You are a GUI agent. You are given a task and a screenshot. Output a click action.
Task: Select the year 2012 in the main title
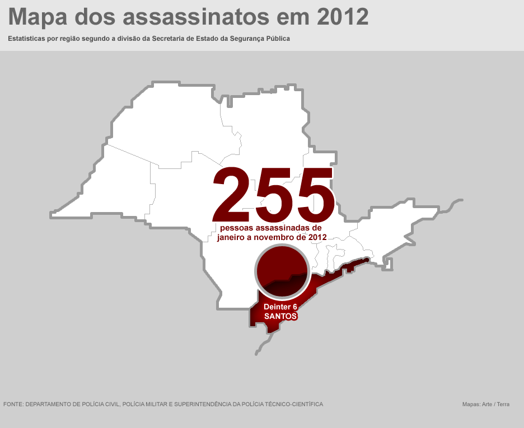click(x=343, y=17)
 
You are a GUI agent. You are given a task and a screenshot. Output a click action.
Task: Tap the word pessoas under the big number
click(x=237, y=228)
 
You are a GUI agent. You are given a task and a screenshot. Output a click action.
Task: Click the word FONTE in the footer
click(x=12, y=404)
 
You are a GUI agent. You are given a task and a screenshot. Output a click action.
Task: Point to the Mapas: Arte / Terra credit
click(x=485, y=404)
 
